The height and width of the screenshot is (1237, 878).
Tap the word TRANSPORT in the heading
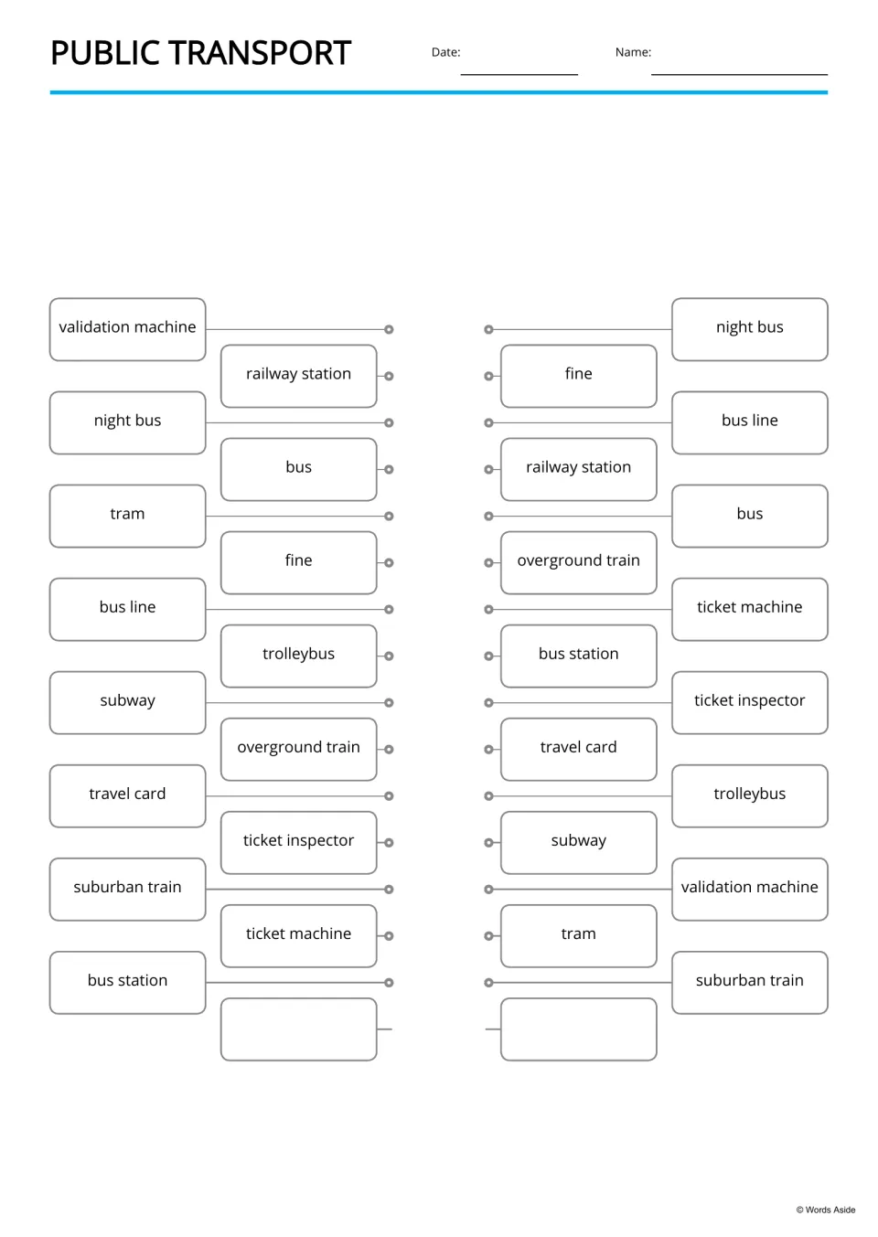[260, 53]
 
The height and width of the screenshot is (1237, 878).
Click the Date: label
[445, 52]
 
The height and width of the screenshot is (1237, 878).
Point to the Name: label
[633, 52]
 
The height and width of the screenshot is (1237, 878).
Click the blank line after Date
[519, 74]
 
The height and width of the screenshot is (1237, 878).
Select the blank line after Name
[739, 74]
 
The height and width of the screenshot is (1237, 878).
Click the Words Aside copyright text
[826, 1210]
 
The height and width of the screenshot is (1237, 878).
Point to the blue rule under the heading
[439, 92]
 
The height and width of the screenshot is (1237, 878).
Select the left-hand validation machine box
[128, 329]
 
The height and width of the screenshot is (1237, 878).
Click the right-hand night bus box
[750, 329]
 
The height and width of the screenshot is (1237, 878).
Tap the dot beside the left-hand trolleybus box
[389, 656]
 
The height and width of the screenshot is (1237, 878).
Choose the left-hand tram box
[128, 516]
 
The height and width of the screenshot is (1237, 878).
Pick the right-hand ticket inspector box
[750, 702]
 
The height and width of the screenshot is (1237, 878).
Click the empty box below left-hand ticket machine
[299, 1029]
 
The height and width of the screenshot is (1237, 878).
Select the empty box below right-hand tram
[579, 1029]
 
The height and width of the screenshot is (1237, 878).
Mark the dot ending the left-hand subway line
[389, 702]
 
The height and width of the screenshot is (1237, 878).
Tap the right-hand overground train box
[579, 562]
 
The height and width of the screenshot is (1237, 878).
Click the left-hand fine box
[299, 562]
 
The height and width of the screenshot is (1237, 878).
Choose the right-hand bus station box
[579, 656]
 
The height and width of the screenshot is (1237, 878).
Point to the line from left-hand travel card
[295, 795]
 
